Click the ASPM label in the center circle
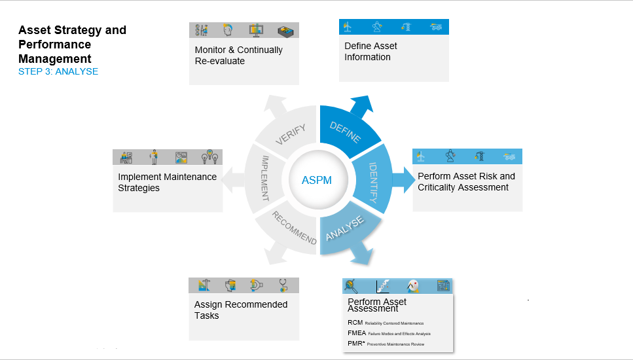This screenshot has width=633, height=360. [317, 180]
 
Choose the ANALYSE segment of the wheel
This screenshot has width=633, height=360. [345, 230]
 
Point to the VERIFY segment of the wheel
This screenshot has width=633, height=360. [291, 131]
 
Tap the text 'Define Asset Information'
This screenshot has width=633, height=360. [371, 52]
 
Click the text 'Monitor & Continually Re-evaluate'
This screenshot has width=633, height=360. [238, 56]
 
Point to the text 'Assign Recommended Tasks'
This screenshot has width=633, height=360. [240, 310]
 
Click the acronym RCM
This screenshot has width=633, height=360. [354, 323]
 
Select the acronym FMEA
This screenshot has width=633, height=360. [356, 333]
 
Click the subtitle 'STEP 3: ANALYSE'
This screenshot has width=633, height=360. [58, 71]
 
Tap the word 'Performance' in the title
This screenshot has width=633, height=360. [54, 45]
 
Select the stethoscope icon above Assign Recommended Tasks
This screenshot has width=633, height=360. [283, 285]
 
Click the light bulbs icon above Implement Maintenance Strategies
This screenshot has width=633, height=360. [209, 157]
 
